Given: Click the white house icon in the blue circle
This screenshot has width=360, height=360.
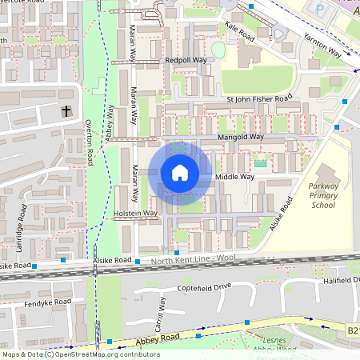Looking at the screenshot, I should tap(180, 173).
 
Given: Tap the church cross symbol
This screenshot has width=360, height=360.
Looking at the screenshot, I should tap(66, 111).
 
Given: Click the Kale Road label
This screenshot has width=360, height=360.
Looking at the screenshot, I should tap(239, 31).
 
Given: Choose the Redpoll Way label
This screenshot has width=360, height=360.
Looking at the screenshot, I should tap(185, 60).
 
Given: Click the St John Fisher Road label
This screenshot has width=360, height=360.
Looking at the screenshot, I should tap(259, 99).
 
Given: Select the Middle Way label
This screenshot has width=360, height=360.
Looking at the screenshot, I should tap(235, 177).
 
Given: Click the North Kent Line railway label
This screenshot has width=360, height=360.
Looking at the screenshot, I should tap(190, 261).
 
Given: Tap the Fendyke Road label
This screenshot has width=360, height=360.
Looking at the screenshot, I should tap(47, 302).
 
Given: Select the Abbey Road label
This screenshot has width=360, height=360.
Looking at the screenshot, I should tap(134, 338).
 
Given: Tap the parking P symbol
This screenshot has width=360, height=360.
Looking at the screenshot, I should tap(320, 10).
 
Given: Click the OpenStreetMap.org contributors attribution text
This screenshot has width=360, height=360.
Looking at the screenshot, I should tap(104, 354).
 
